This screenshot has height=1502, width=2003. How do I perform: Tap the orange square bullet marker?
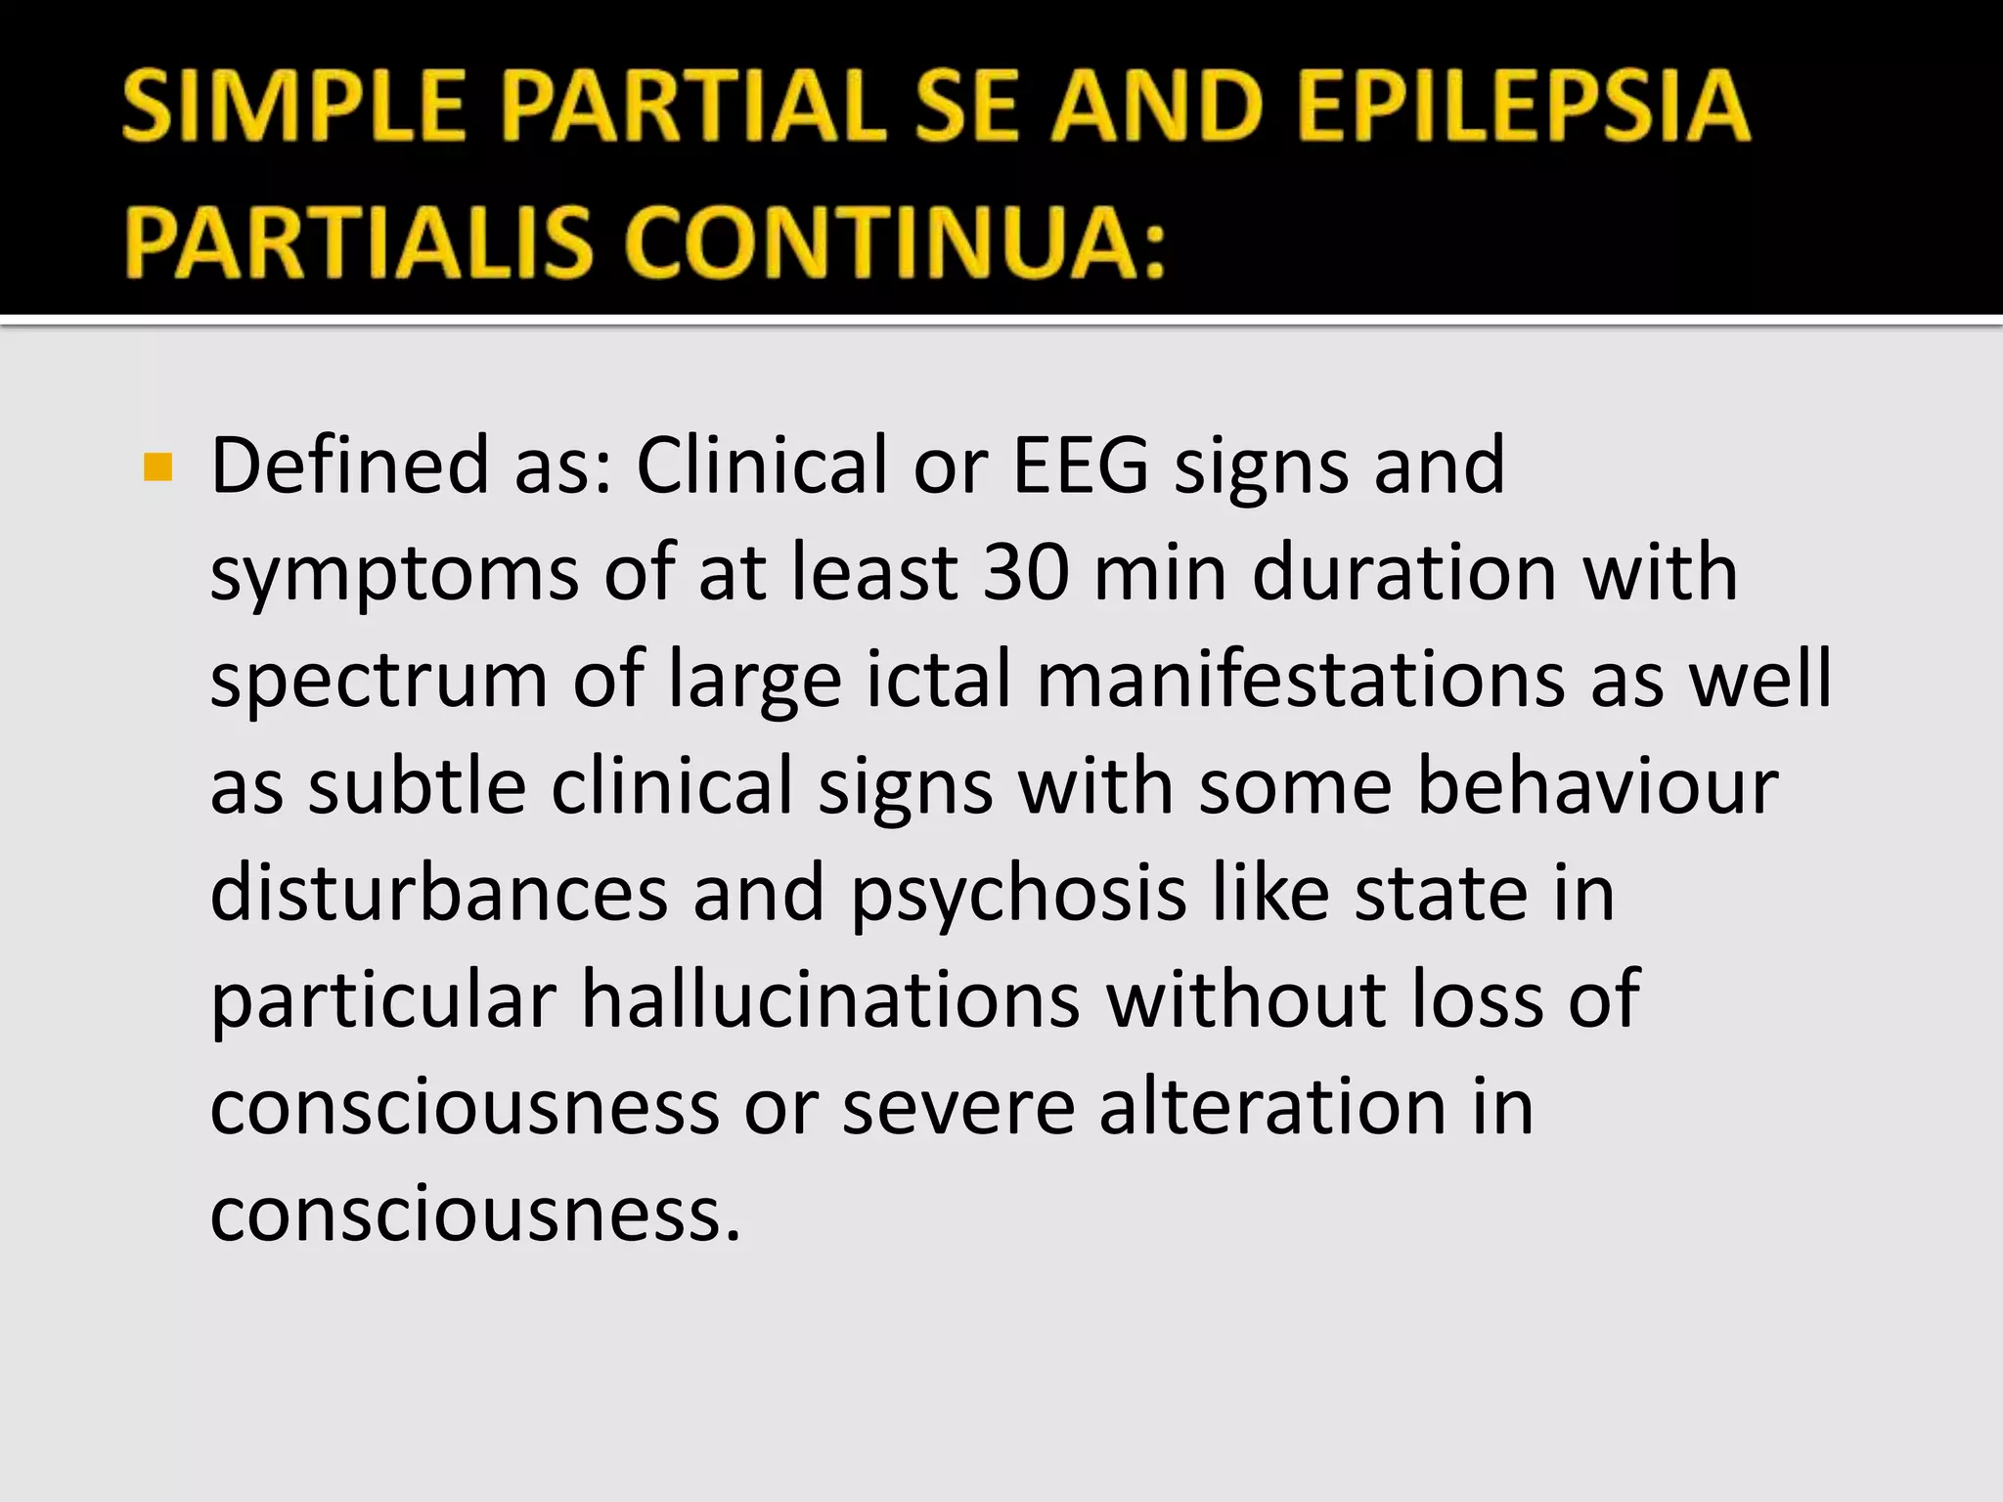pyautogui.click(x=157, y=467)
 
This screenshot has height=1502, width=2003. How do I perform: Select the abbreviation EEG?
pyautogui.click(x=1081, y=465)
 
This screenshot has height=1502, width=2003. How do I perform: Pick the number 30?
pyautogui.click(x=1026, y=573)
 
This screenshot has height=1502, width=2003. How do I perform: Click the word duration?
pyautogui.click(x=1404, y=573)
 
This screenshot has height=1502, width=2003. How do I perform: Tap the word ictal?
pyautogui.click(x=938, y=680)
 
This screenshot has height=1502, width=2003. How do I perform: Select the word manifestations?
pyautogui.click(x=1301, y=680)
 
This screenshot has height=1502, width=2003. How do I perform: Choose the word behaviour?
pyautogui.click(x=1597, y=786)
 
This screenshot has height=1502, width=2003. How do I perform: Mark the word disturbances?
pyautogui.click(x=439, y=894)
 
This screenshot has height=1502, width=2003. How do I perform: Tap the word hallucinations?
pyautogui.click(x=831, y=1000)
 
